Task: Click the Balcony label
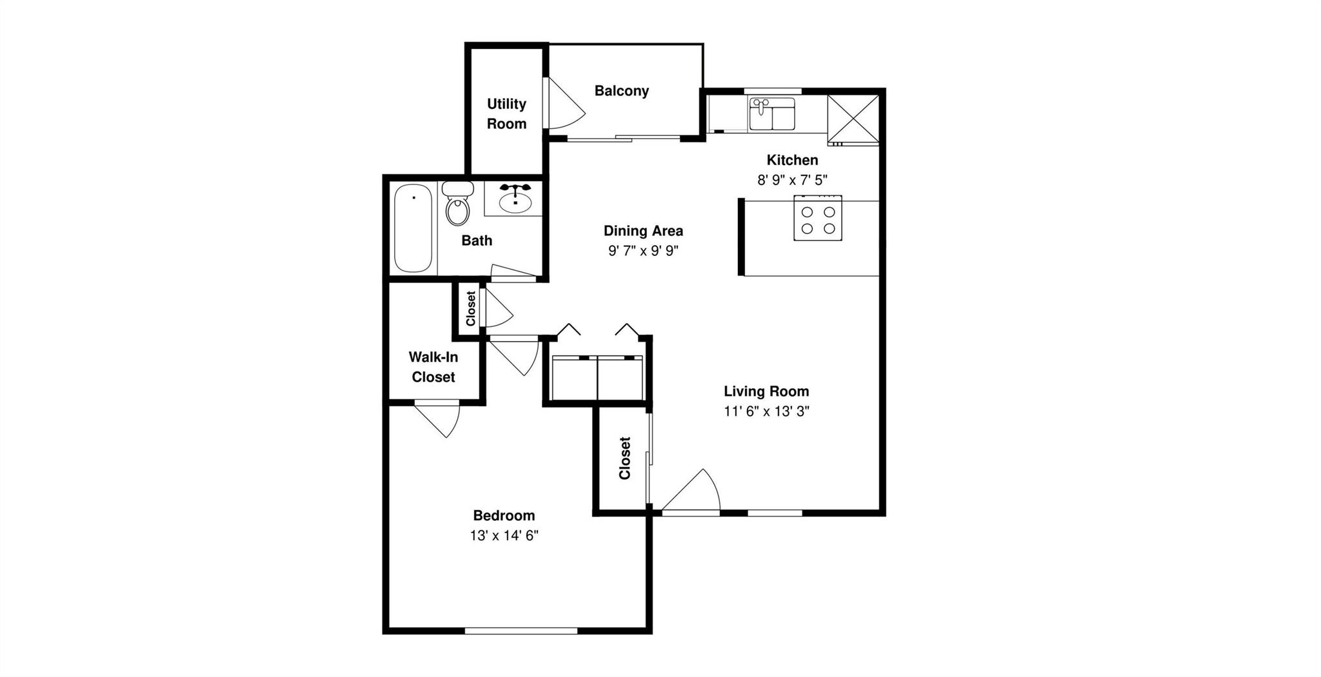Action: [621, 91]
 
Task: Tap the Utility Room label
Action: [506, 113]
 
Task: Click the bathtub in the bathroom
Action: [413, 228]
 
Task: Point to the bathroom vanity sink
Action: [515, 199]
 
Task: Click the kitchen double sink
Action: [772, 114]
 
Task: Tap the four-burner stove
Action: [817, 219]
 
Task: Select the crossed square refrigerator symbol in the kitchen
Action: [853, 117]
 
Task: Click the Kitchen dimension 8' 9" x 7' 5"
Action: [792, 180]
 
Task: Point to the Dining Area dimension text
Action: [643, 251]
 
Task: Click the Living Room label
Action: [766, 391]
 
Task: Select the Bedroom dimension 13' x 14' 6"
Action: [504, 536]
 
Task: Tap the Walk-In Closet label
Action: [433, 367]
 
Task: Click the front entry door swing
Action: [693, 493]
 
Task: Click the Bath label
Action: [477, 240]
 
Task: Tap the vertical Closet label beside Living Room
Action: [624, 458]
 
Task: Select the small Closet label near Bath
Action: [471, 308]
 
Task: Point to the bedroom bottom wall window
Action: [521, 631]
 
